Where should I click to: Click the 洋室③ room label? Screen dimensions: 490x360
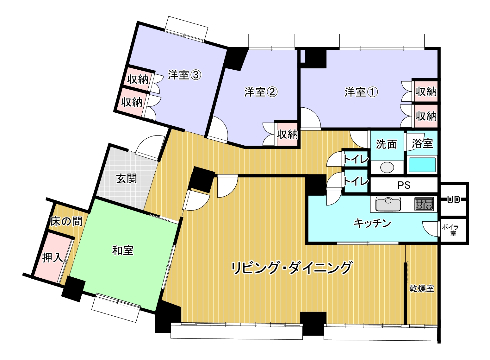click(184, 75)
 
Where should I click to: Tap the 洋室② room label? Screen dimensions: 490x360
click(261, 92)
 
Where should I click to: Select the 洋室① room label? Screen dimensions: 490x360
click(361, 92)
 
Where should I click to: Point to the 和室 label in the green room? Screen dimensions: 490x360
click(123, 250)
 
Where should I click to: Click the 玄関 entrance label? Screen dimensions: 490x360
click(127, 179)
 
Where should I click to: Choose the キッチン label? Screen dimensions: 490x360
click(372, 223)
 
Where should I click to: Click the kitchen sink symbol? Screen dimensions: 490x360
click(388, 204)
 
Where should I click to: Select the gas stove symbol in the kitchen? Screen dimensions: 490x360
click(424, 204)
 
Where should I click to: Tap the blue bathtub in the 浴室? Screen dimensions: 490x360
click(422, 165)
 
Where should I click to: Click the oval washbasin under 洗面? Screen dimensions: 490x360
click(387, 167)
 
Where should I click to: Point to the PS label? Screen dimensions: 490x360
click(404, 185)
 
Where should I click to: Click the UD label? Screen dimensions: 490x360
click(454, 199)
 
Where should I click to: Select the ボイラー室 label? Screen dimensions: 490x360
click(453, 231)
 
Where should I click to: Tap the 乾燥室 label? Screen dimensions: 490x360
click(422, 289)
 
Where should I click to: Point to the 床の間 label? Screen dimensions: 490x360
click(66, 221)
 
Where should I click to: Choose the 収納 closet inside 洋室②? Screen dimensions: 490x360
click(288, 134)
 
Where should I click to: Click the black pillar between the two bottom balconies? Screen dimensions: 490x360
click(313, 324)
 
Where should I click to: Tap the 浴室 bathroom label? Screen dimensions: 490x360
click(422, 143)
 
